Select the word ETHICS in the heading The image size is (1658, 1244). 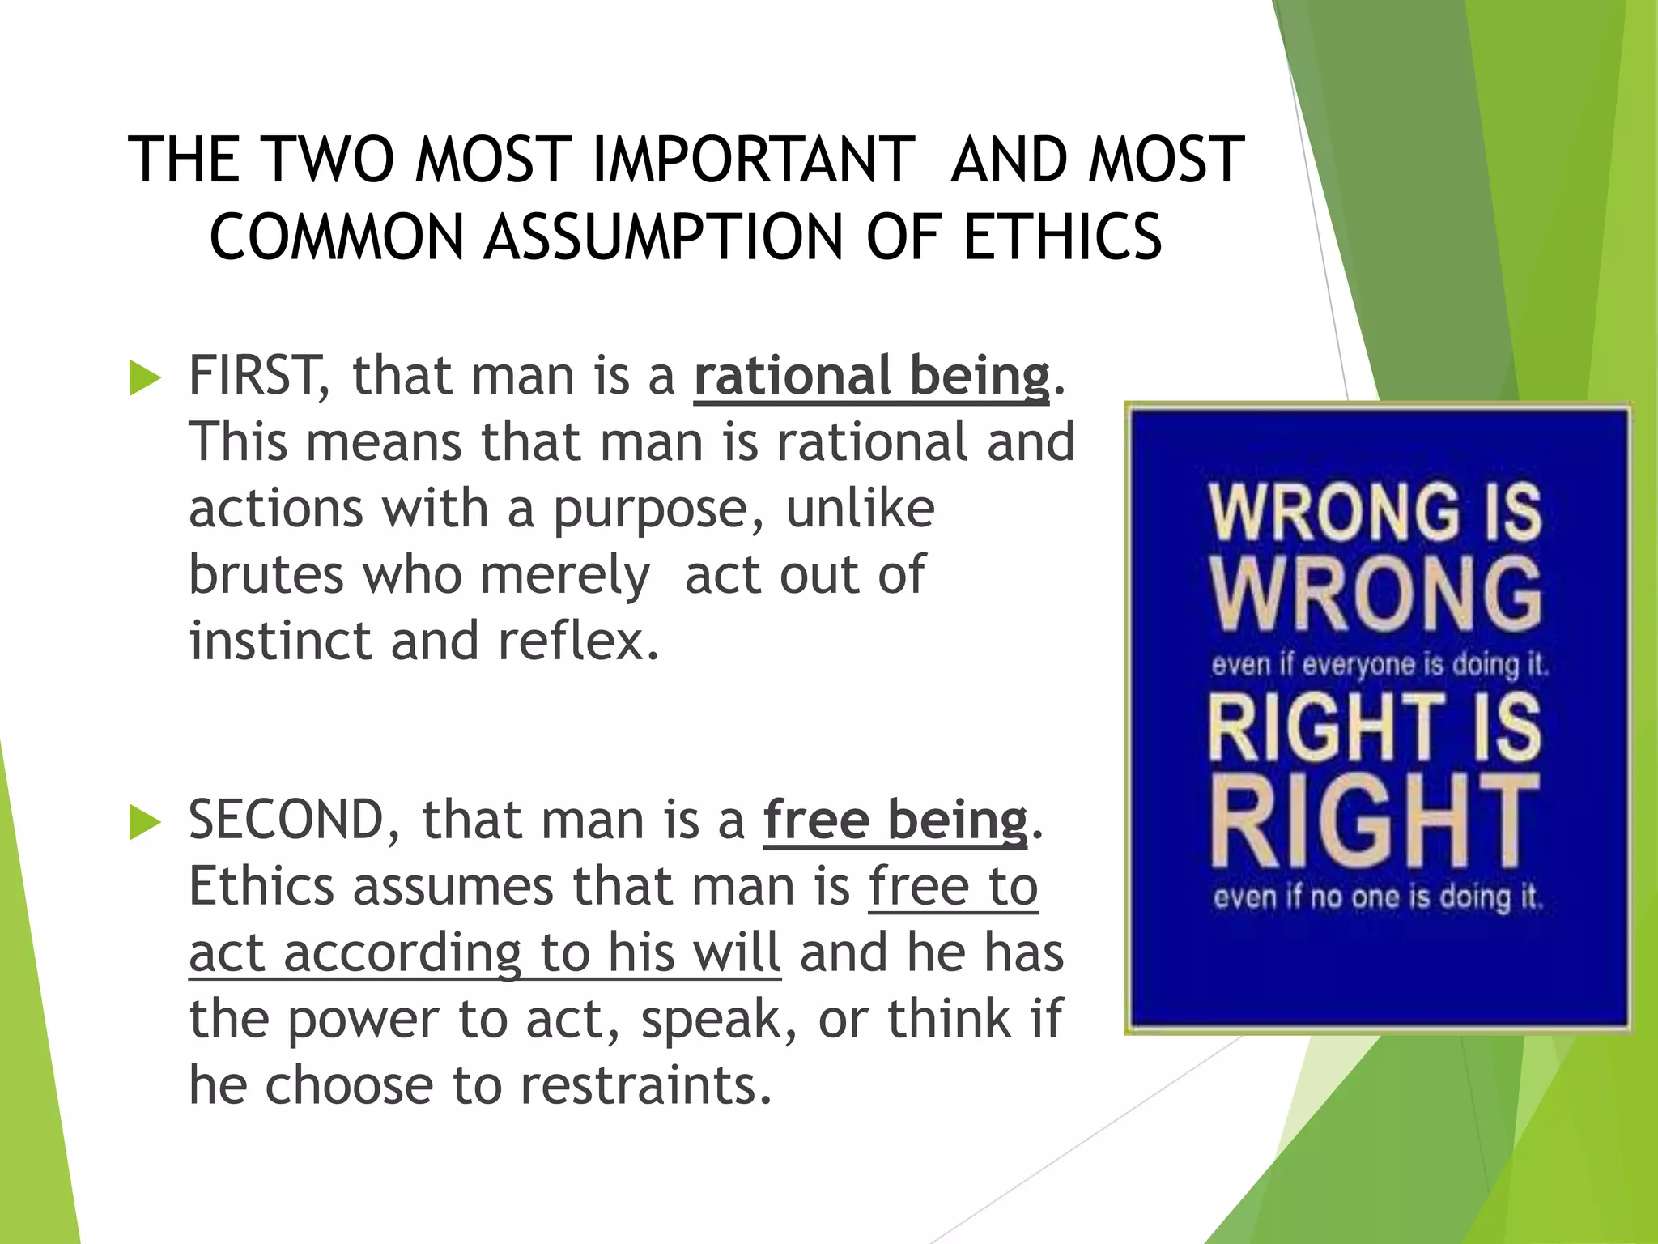tap(1063, 236)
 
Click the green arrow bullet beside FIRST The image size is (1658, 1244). tap(145, 379)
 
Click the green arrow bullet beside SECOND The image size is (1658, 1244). tap(145, 823)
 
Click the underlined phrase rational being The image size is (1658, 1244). tap(871, 377)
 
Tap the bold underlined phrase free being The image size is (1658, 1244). tap(895, 820)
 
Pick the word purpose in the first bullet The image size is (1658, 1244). tap(657, 510)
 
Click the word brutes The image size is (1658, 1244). tap(266, 574)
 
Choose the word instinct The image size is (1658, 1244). tap(280, 641)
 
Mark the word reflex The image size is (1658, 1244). tap(578, 641)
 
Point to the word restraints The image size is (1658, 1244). tap(645, 1085)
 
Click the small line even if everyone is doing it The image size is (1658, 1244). tap(1379, 665)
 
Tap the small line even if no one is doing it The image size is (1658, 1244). tap(1378, 897)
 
